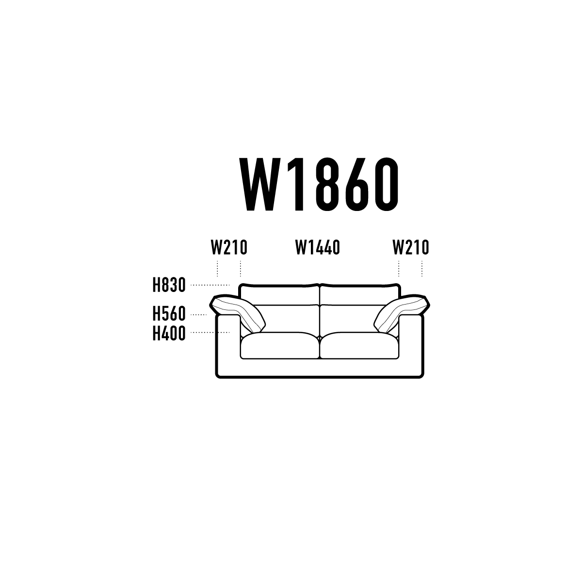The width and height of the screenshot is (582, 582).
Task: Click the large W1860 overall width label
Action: [x=319, y=184]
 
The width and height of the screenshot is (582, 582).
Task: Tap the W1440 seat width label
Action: [x=317, y=247]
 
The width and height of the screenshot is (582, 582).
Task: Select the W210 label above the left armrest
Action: [x=229, y=247]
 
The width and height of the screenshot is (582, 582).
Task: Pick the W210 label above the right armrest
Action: [x=411, y=247]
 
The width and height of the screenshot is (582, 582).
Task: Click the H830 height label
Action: [x=169, y=285]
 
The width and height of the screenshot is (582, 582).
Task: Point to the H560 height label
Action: [x=169, y=314]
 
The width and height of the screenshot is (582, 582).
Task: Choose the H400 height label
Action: [x=169, y=333]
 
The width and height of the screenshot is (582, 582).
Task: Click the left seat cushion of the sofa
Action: [x=280, y=345]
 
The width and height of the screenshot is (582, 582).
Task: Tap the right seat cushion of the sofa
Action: [x=359, y=345]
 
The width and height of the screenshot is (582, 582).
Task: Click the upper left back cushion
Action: [x=279, y=295]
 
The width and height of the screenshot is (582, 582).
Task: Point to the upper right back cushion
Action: [x=360, y=295]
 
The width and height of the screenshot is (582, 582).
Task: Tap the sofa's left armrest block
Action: [x=228, y=344]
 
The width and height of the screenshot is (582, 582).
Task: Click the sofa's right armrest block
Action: [x=411, y=344]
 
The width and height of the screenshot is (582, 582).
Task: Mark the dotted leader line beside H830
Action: [x=210, y=285]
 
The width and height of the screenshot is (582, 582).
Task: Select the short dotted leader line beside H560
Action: [x=199, y=315]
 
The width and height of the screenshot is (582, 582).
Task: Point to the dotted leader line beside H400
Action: [x=210, y=333]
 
